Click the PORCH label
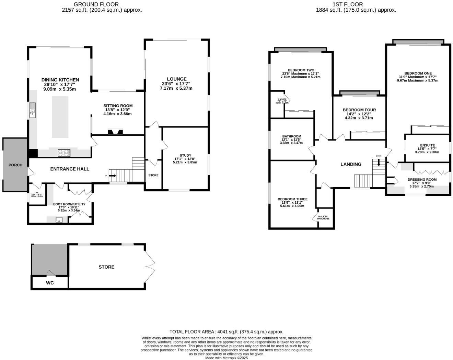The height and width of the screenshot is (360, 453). point(15,165)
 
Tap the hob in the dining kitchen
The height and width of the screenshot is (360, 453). point(64,153)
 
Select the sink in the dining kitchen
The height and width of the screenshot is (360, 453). point(33,110)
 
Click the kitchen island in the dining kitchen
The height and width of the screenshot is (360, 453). point(60,117)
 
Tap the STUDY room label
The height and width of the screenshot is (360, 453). point(185,156)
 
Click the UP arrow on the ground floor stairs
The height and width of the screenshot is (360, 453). point(113,176)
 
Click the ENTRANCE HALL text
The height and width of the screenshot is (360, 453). point(70,169)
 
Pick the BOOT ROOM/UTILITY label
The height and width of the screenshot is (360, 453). point(69,204)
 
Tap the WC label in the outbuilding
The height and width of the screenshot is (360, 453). point(50,283)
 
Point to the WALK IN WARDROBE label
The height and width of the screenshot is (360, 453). point(323,217)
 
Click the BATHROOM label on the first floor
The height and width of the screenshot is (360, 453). point(291,136)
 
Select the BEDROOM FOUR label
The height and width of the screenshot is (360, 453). point(359,110)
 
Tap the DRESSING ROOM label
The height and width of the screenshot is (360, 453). point(422,180)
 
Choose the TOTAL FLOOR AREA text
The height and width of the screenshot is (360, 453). point(226,332)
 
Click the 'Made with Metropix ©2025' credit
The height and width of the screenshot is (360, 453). point(226,358)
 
